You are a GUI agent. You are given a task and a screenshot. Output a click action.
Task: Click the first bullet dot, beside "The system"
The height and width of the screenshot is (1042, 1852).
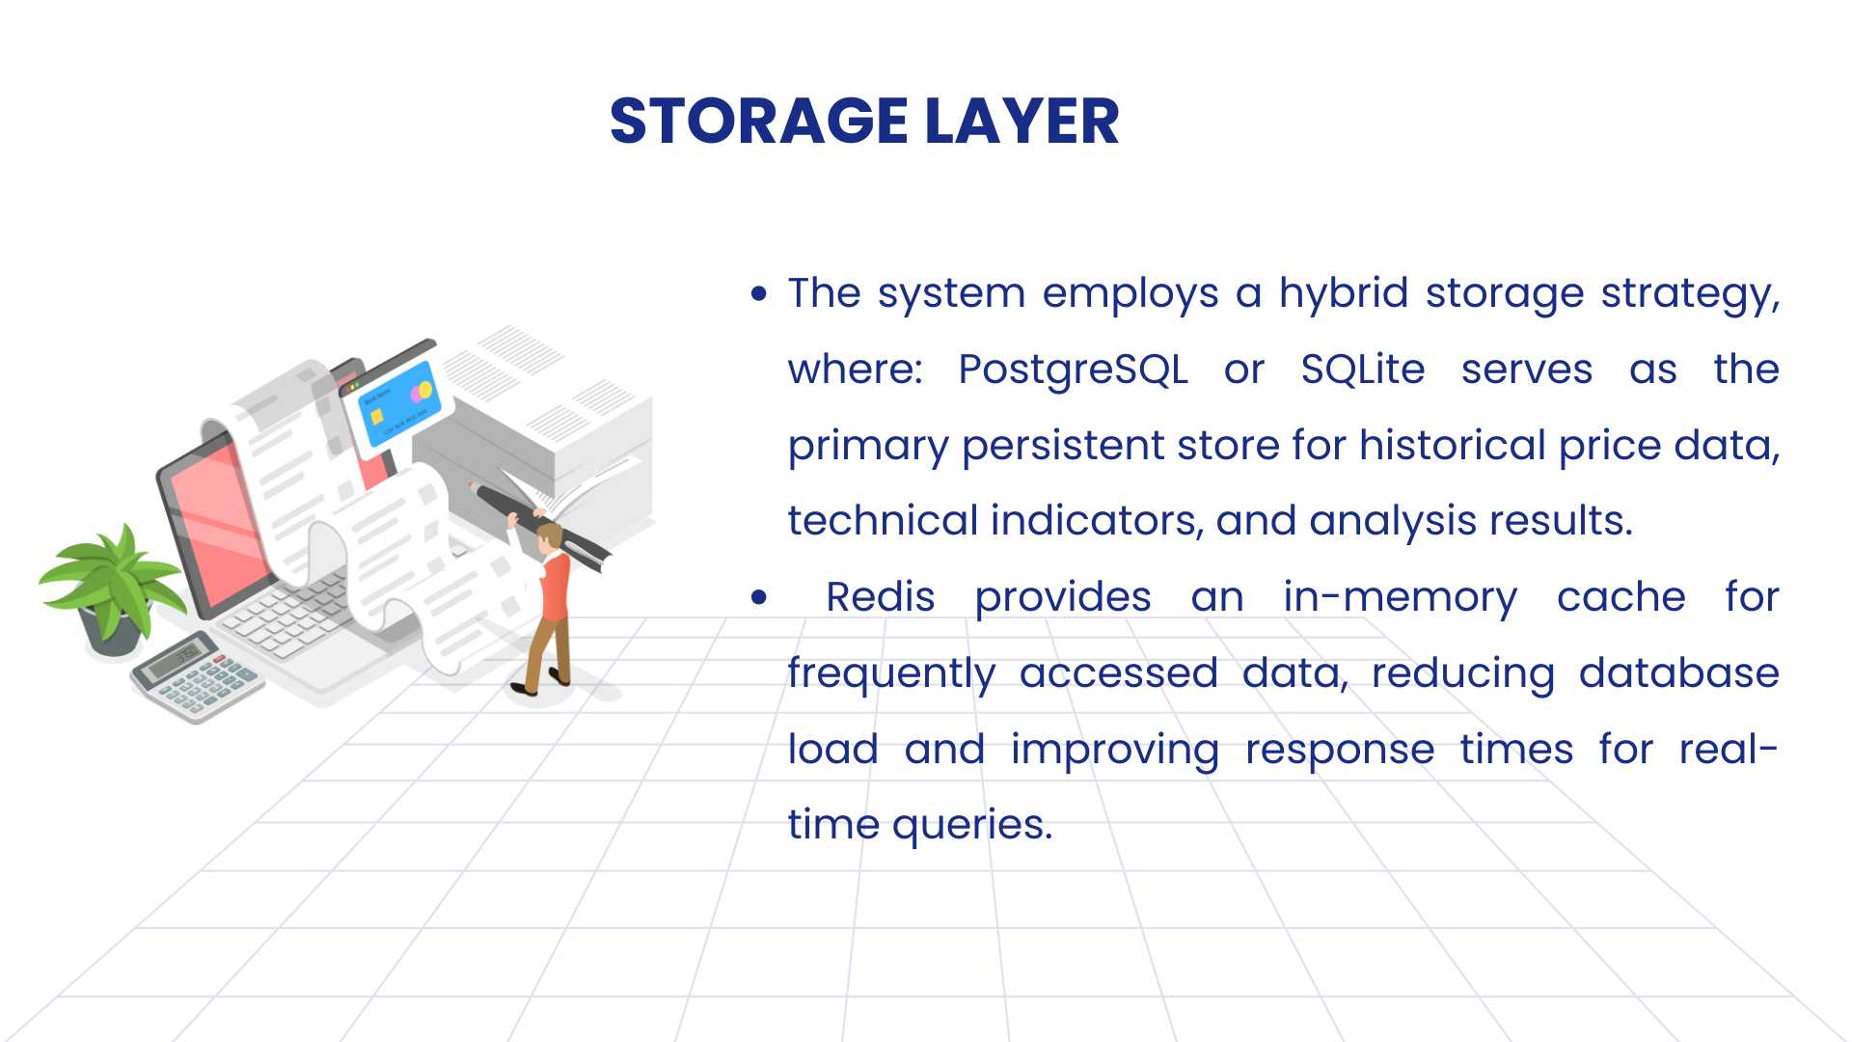point(759,293)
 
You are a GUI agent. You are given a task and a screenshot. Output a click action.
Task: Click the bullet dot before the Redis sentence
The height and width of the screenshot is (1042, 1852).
point(759,597)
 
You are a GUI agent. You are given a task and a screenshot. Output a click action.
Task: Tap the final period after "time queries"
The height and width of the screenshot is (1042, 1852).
point(1048,837)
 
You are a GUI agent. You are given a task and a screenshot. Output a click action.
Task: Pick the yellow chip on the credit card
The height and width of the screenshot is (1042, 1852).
point(377,417)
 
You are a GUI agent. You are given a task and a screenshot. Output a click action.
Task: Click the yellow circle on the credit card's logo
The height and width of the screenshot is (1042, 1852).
point(425,390)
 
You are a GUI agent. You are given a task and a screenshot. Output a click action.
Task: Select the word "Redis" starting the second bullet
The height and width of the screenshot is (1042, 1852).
point(880,597)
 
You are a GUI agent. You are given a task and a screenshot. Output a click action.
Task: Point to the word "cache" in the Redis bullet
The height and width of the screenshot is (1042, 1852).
point(1620,598)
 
